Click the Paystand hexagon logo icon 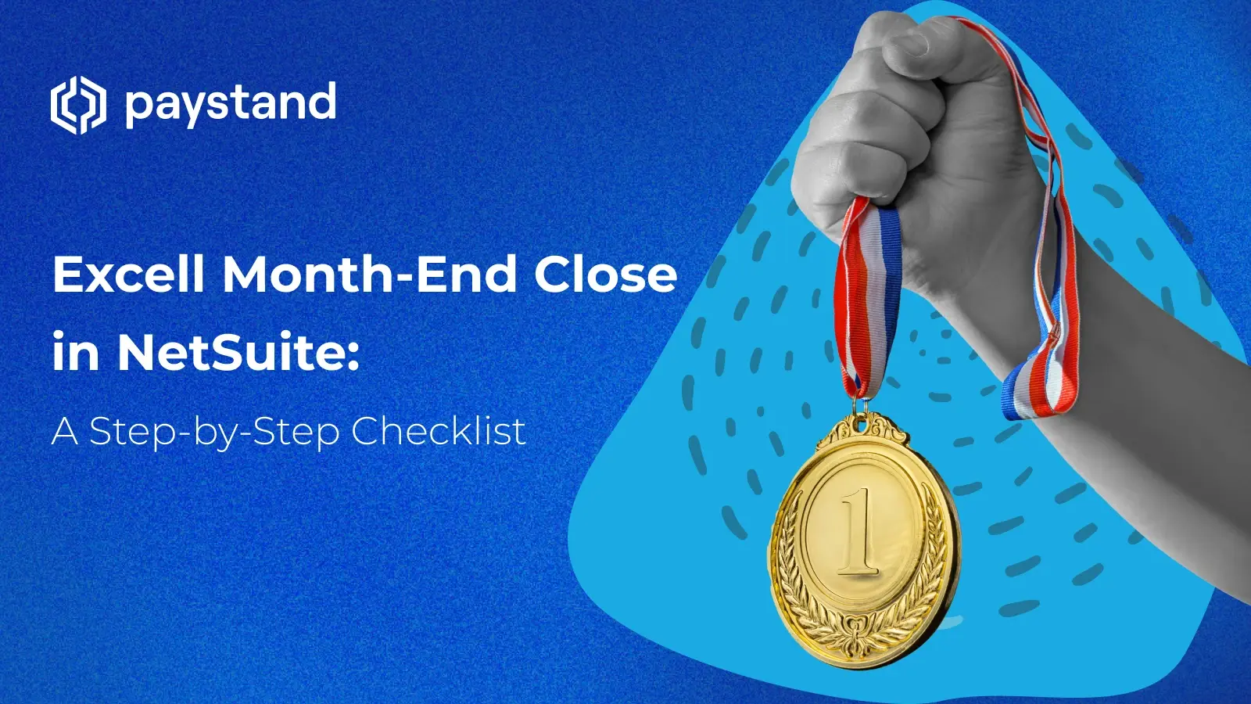coord(77,105)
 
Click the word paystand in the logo coord(231,104)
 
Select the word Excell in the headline coord(129,275)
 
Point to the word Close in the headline coord(605,275)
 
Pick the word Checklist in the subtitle coord(438,431)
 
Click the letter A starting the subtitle coord(65,432)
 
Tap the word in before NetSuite coord(76,352)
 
